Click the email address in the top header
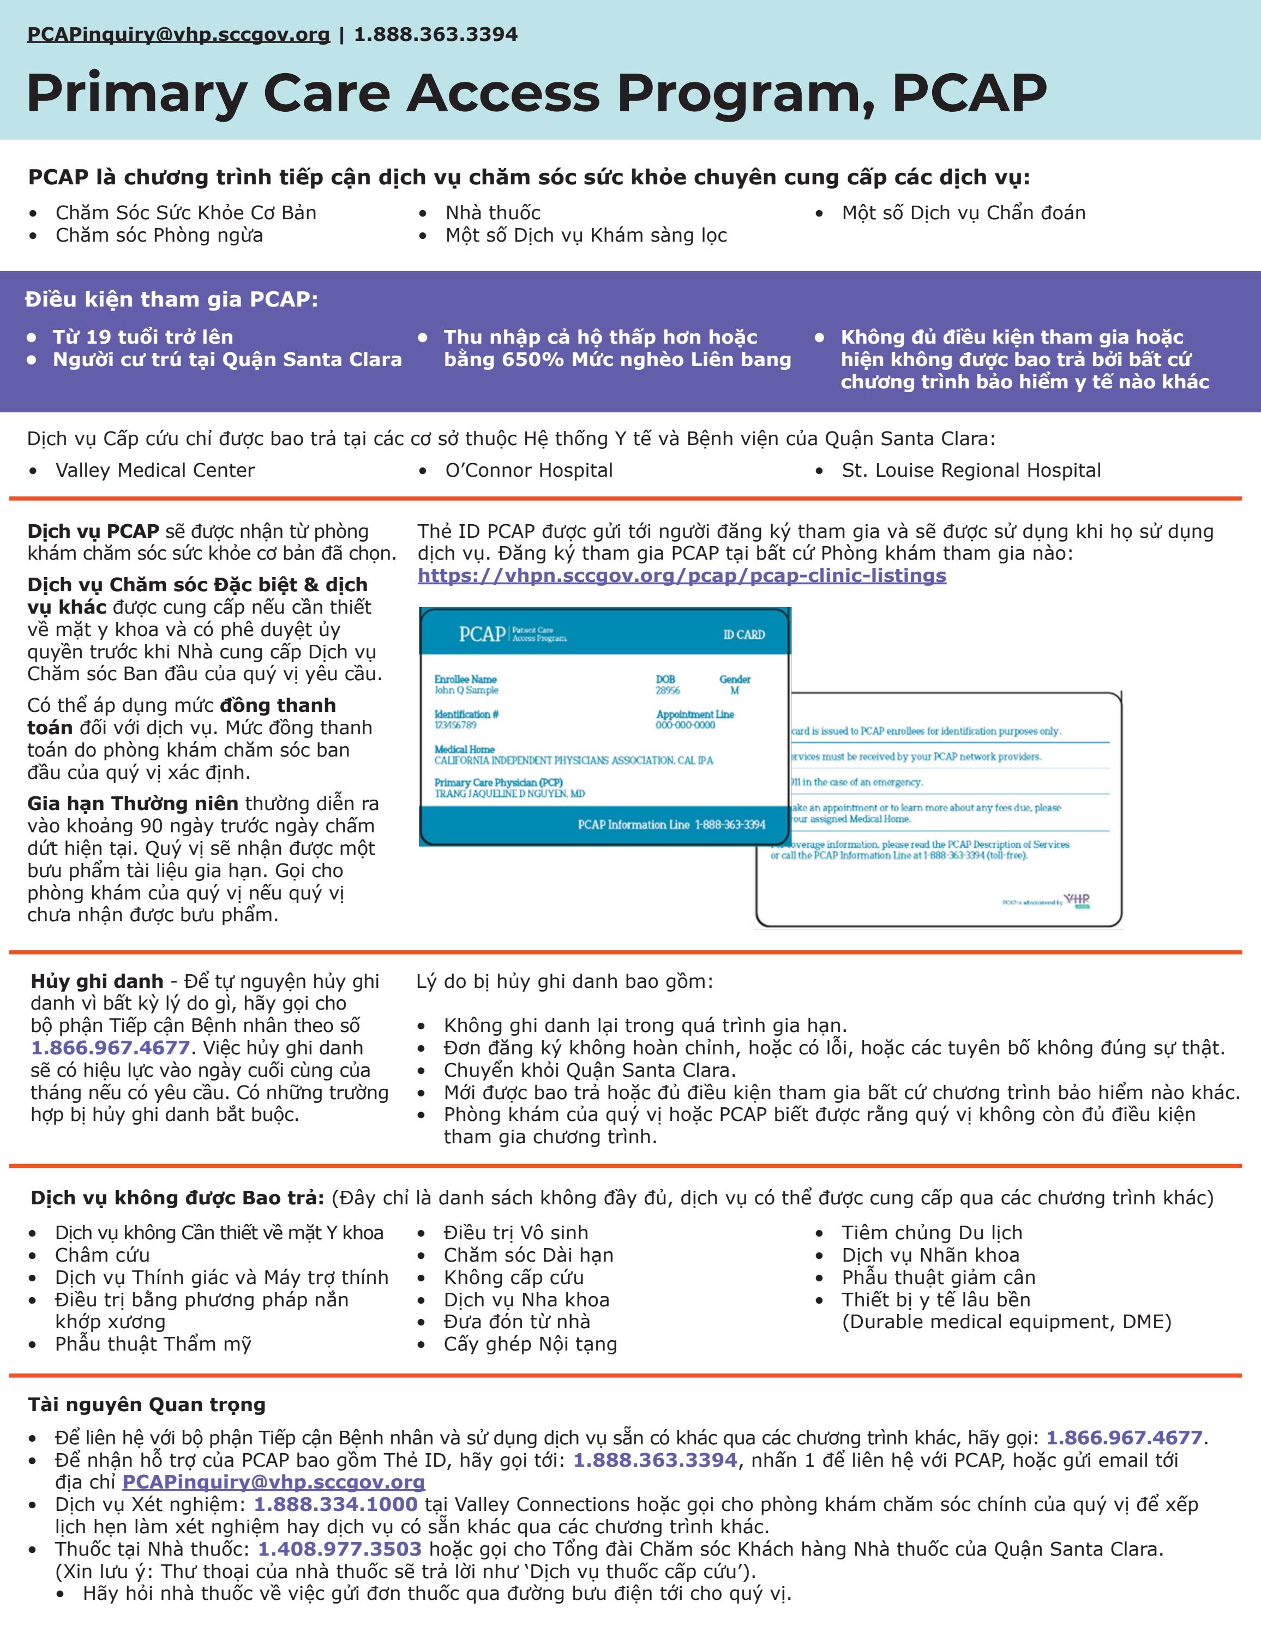click(178, 34)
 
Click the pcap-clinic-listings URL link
click(681, 575)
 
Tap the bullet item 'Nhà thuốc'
click(493, 213)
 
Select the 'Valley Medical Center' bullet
click(155, 470)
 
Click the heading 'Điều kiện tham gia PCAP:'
click(171, 299)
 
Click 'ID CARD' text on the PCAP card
click(743, 634)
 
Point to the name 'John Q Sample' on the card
click(466, 689)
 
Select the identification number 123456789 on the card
click(455, 725)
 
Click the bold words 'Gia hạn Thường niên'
click(133, 803)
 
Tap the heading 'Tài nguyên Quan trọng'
click(146, 1405)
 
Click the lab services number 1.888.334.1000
click(335, 1504)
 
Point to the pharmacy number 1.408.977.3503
click(339, 1549)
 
